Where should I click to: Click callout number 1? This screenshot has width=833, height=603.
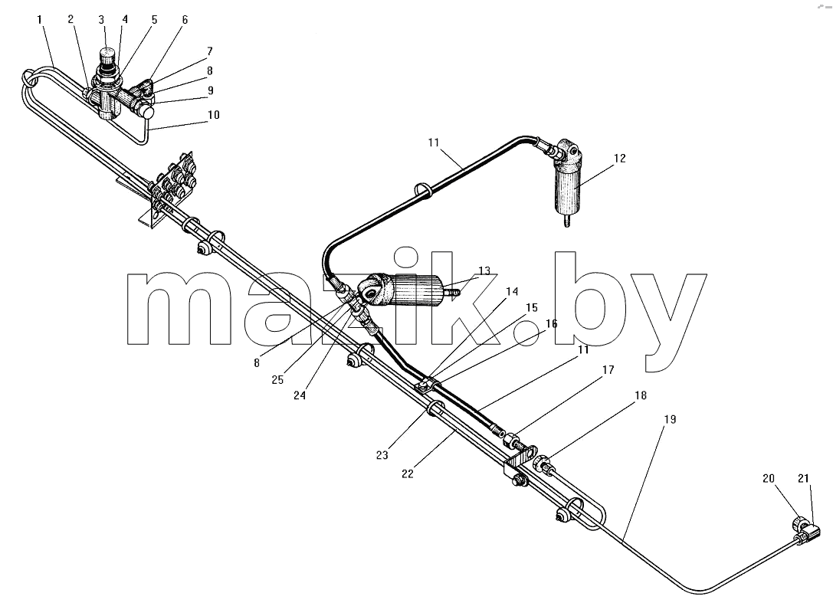tap(40, 20)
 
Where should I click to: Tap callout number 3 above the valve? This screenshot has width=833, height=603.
tap(101, 20)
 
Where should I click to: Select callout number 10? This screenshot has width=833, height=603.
tap(214, 115)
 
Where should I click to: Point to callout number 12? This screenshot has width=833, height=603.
tap(620, 159)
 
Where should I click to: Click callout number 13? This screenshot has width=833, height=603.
tap(484, 271)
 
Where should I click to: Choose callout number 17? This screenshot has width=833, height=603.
tap(608, 370)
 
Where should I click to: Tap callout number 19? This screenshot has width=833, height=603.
tap(671, 419)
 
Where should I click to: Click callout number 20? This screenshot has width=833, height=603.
tap(769, 479)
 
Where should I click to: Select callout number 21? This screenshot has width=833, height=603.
tap(803, 479)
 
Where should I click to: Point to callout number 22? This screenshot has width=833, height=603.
tap(408, 474)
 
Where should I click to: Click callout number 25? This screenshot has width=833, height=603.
tap(277, 380)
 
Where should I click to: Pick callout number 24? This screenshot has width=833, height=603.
tap(300, 396)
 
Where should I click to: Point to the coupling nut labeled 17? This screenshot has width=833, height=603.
tap(512, 441)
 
